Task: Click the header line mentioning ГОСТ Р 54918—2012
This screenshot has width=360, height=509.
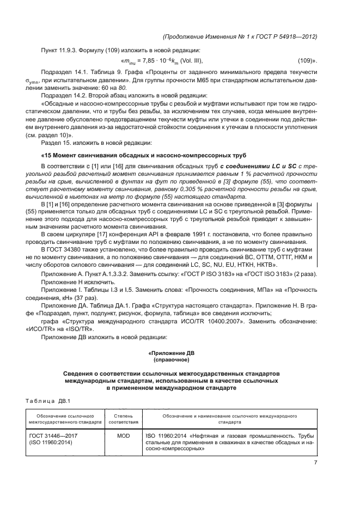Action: tap(240, 36)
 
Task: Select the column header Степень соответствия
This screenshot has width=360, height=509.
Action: tap(124, 419)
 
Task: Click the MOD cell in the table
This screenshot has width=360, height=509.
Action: tap(124, 436)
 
